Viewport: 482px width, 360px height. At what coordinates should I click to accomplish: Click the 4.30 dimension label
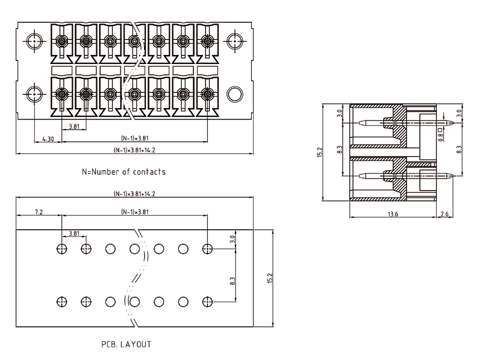click(x=48, y=139)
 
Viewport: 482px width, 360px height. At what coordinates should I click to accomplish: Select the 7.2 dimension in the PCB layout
click(x=39, y=212)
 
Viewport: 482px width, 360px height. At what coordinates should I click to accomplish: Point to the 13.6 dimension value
click(x=393, y=213)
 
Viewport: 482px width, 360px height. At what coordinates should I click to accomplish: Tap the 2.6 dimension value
click(x=445, y=213)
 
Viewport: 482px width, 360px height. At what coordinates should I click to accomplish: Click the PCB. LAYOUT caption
click(x=127, y=345)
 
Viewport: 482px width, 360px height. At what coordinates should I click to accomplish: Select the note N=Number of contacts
click(x=124, y=172)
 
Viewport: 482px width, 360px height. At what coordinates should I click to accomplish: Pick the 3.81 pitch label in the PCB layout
click(x=74, y=233)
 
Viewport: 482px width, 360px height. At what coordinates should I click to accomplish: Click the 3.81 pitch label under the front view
click(x=74, y=127)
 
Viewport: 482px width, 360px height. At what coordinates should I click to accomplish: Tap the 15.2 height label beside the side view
click(x=320, y=153)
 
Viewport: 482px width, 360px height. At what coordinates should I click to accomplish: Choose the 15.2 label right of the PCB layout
click(x=270, y=278)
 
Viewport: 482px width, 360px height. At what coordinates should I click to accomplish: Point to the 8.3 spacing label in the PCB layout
click(x=233, y=280)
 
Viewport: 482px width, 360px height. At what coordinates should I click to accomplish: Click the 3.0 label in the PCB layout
click(x=233, y=239)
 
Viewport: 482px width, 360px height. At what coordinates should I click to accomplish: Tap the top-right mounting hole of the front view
click(x=234, y=42)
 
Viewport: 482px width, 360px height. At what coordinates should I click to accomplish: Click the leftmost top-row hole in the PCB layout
click(x=61, y=248)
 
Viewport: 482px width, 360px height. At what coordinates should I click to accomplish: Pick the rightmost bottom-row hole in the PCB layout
click(x=208, y=301)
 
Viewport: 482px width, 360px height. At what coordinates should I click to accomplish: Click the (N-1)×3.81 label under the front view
click(x=134, y=136)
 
